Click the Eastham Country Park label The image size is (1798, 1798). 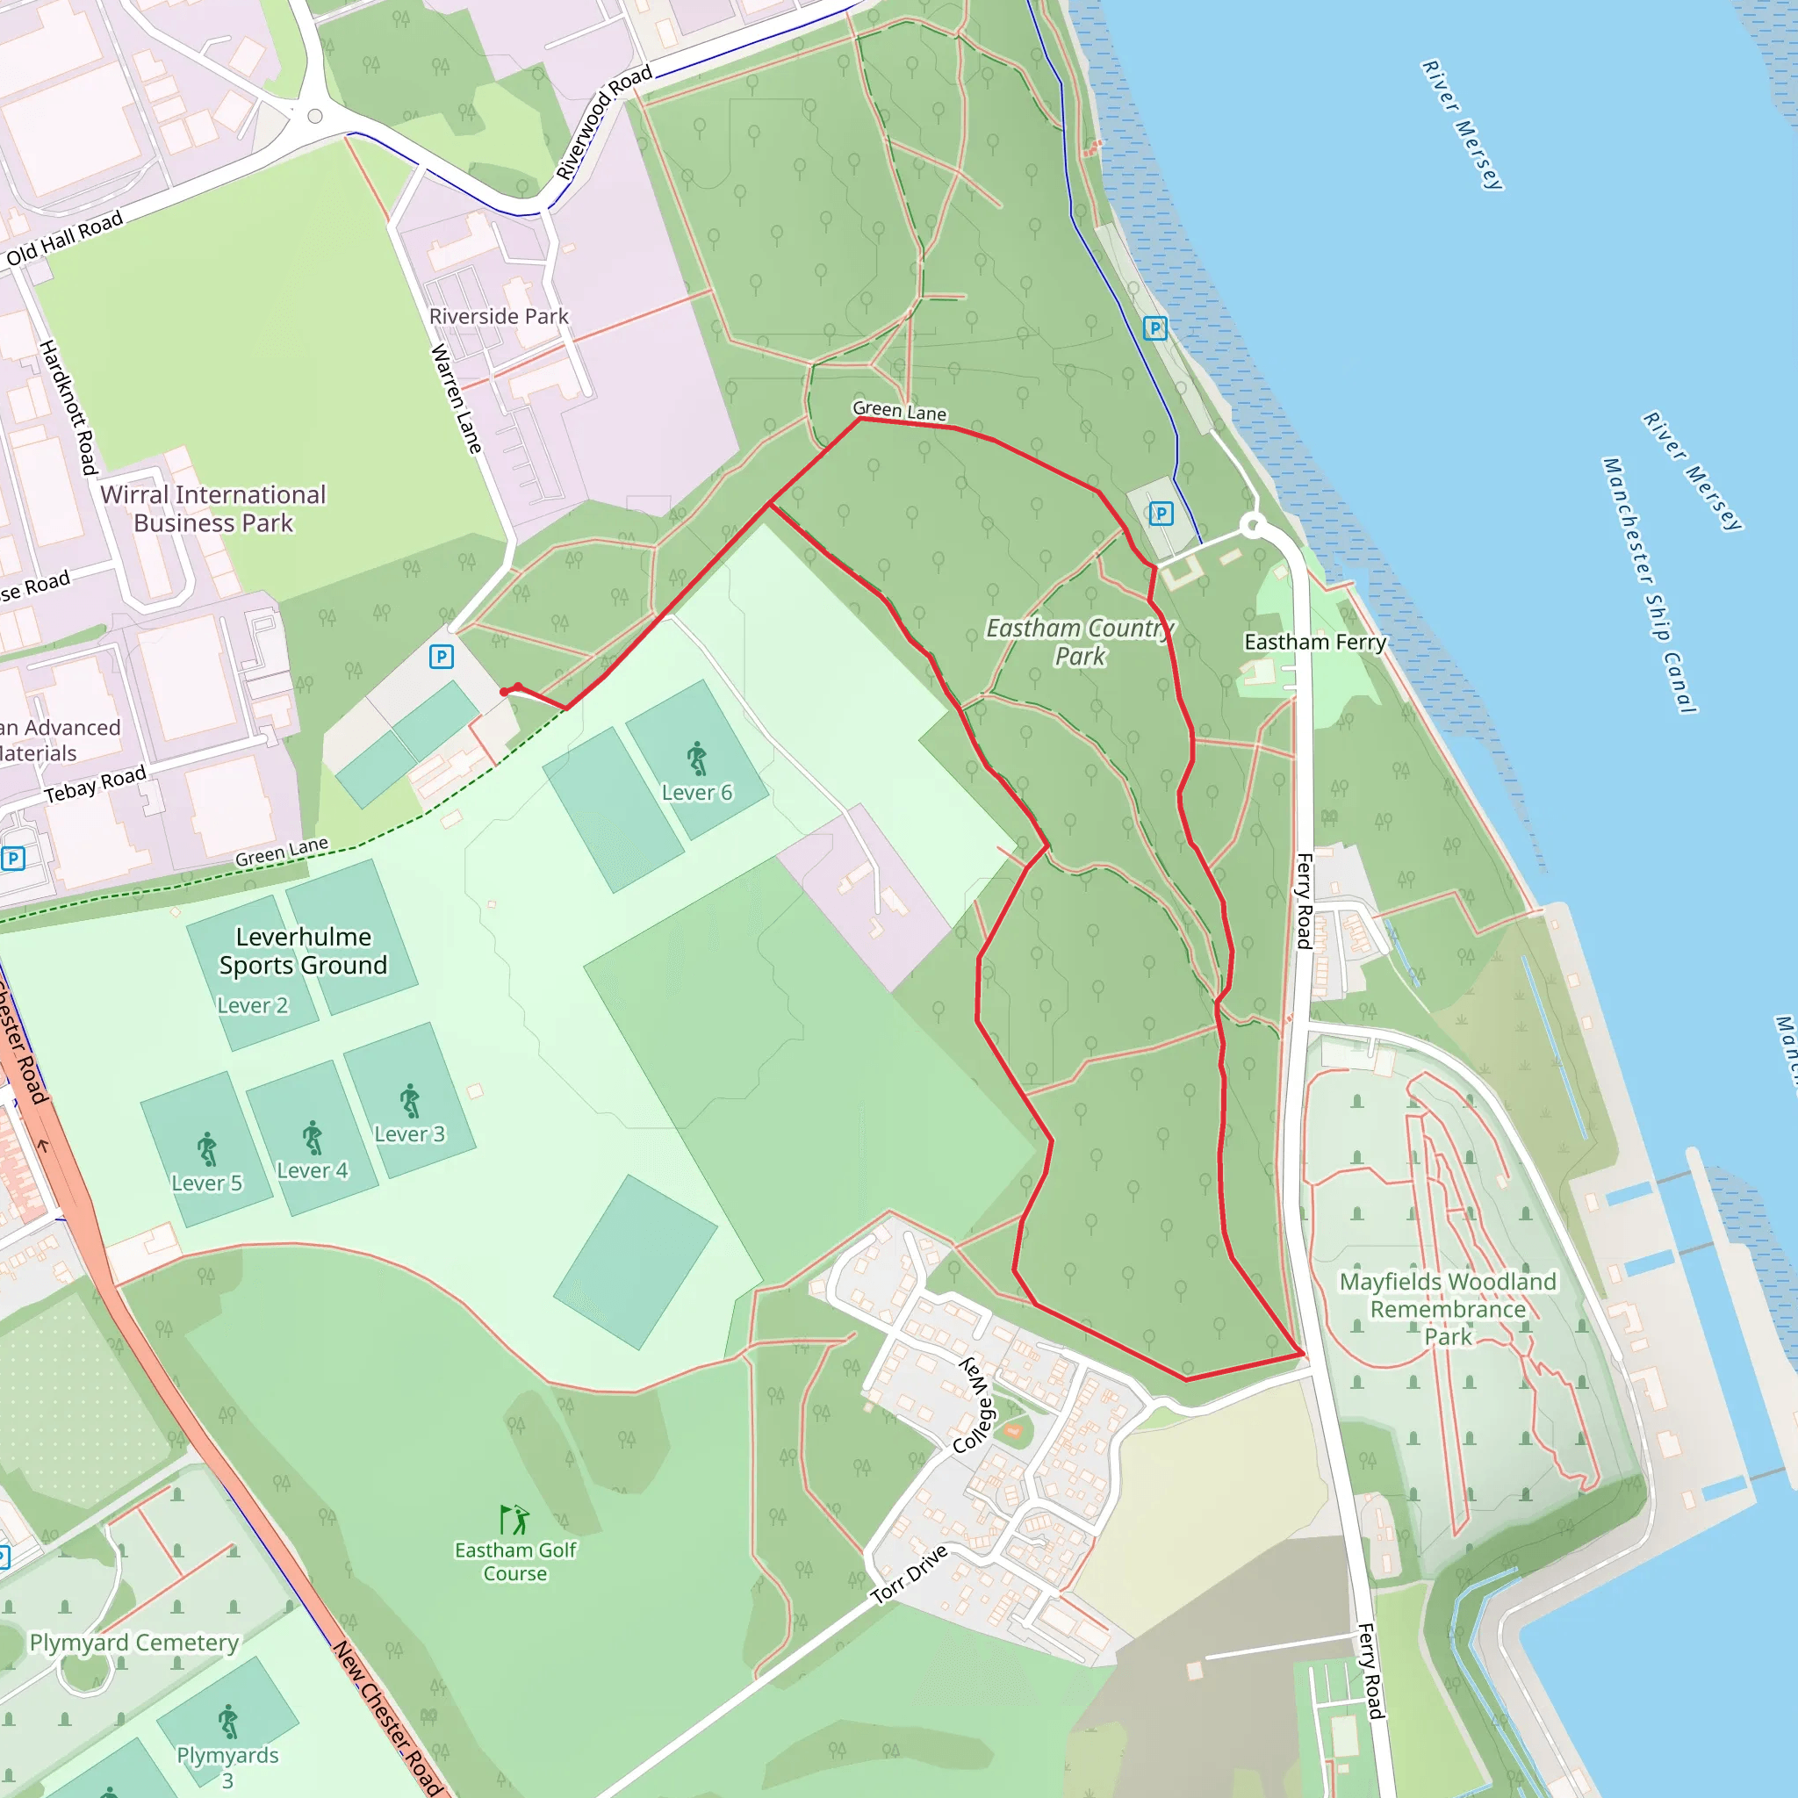click(x=1080, y=642)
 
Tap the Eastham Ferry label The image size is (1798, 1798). click(x=1314, y=642)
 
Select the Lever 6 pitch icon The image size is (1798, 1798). click(x=697, y=759)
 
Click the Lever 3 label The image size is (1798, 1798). click(x=409, y=1133)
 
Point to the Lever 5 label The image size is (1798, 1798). click(x=206, y=1183)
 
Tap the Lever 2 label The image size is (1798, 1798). click(x=252, y=1005)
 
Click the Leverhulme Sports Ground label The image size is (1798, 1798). click(x=303, y=950)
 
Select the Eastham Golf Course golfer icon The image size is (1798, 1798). click(x=514, y=1520)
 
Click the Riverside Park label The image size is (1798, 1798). click(x=498, y=316)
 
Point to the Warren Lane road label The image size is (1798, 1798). click(x=456, y=399)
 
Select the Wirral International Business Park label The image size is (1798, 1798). click(x=213, y=508)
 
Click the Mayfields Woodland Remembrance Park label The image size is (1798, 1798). click(x=1447, y=1308)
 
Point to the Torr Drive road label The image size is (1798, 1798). click(x=910, y=1574)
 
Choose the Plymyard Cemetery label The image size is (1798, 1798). click(x=134, y=1643)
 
